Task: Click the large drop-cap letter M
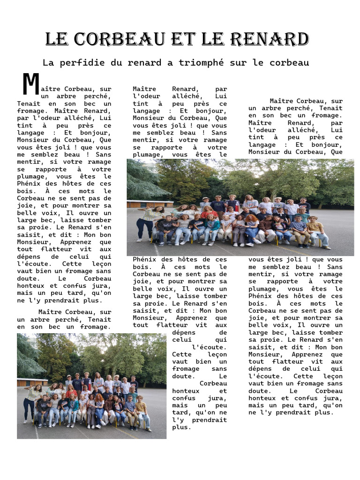(x=30, y=84)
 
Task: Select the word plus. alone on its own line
(x=182, y=427)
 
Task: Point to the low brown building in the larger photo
(x=143, y=204)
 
